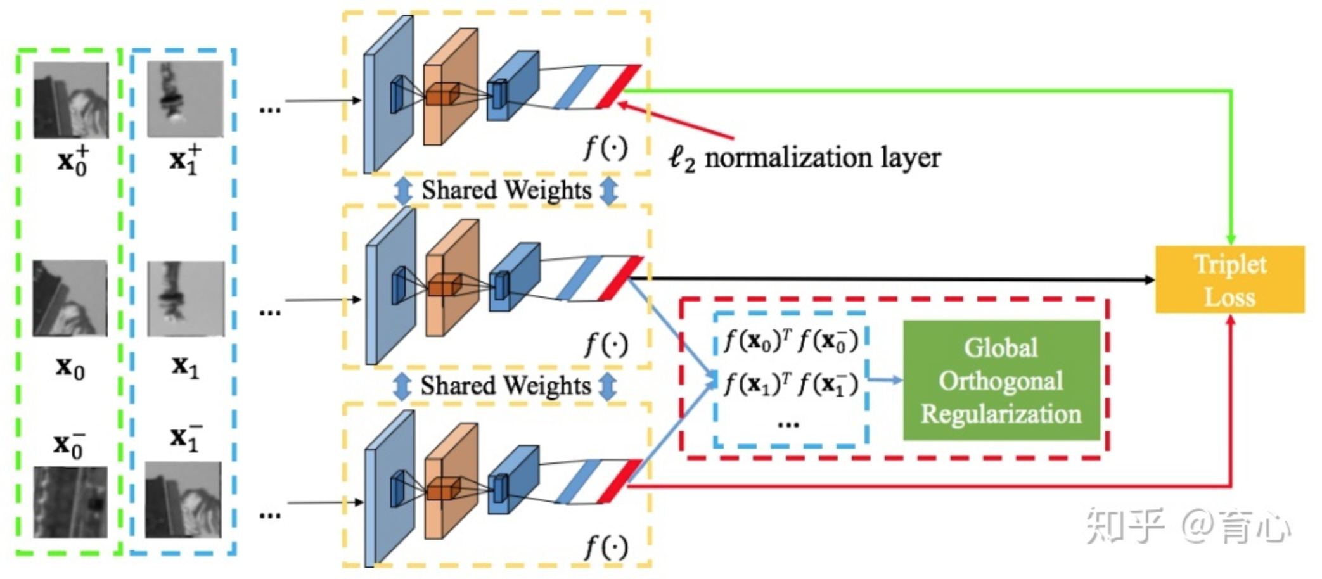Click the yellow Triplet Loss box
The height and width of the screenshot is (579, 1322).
click(x=1229, y=279)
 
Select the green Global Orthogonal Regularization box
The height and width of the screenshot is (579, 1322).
click(x=1001, y=380)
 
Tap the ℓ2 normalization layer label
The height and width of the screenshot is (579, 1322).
click(x=805, y=158)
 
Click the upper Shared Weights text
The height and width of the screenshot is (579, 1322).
click(x=506, y=190)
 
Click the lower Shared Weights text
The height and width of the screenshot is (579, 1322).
click(x=505, y=386)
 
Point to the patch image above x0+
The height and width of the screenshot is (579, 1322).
click(x=71, y=99)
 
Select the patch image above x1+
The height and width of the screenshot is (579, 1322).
click(x=185, y=99)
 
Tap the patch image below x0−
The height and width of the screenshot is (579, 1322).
click(x=70, y=502)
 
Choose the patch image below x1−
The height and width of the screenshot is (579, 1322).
click(x=184, y=500)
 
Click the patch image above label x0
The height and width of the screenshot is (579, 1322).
click(x=70, y=298)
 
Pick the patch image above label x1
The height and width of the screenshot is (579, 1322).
click(x=186, y=298)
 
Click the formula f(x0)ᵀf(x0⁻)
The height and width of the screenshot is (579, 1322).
click(x=790, y=341)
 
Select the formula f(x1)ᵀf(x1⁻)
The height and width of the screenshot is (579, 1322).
click(x=790, y=384)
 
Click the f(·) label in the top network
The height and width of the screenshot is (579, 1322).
click(x=605, y=148)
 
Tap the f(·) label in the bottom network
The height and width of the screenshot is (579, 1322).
click(x=605, y=547)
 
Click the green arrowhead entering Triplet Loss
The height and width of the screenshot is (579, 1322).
click(x=1230, y=239)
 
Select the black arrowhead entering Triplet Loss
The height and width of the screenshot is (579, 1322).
click(x=1148, y=279)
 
